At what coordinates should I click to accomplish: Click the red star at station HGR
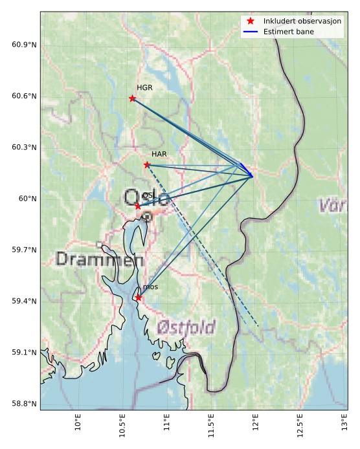(133, 98)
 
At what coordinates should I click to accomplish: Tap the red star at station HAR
(147, 164)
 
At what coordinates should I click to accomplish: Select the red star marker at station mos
(139, 298)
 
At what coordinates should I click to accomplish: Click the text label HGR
(144, 87)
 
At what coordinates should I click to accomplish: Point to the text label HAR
(159, 154)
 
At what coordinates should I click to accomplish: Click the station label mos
(150, 287)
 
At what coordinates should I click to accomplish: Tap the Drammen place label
(99, 260)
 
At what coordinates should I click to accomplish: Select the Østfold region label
(186, 327)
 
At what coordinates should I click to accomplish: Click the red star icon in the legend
(251, 21)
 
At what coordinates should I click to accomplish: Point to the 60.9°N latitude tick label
(24, 45)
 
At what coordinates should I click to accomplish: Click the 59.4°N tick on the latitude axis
(24, 301)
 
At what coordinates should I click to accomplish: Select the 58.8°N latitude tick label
(24, 404)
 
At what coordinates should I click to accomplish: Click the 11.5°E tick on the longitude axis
(211, 424)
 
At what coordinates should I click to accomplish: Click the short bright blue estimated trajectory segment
(247, 170)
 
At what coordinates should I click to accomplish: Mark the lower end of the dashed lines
(258, 327)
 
